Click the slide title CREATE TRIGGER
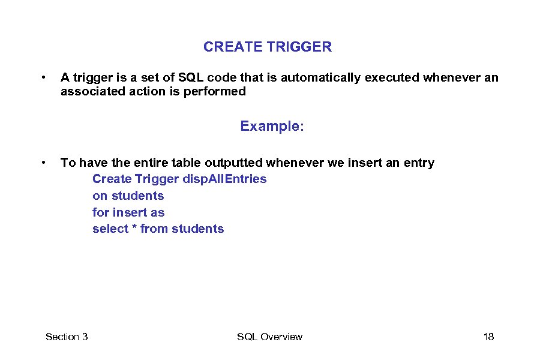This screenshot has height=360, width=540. pos(267,47)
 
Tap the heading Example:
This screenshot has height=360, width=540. pos(272,126)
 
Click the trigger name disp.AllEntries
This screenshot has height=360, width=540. pos(224,179)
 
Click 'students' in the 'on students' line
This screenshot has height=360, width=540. pos(137,196)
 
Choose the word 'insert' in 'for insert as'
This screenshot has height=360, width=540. pos(130,212)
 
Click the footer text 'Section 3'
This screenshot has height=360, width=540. pos(67,337)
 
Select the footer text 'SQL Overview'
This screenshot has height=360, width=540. pos(269,337)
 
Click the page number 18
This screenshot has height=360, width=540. pos(488,337)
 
